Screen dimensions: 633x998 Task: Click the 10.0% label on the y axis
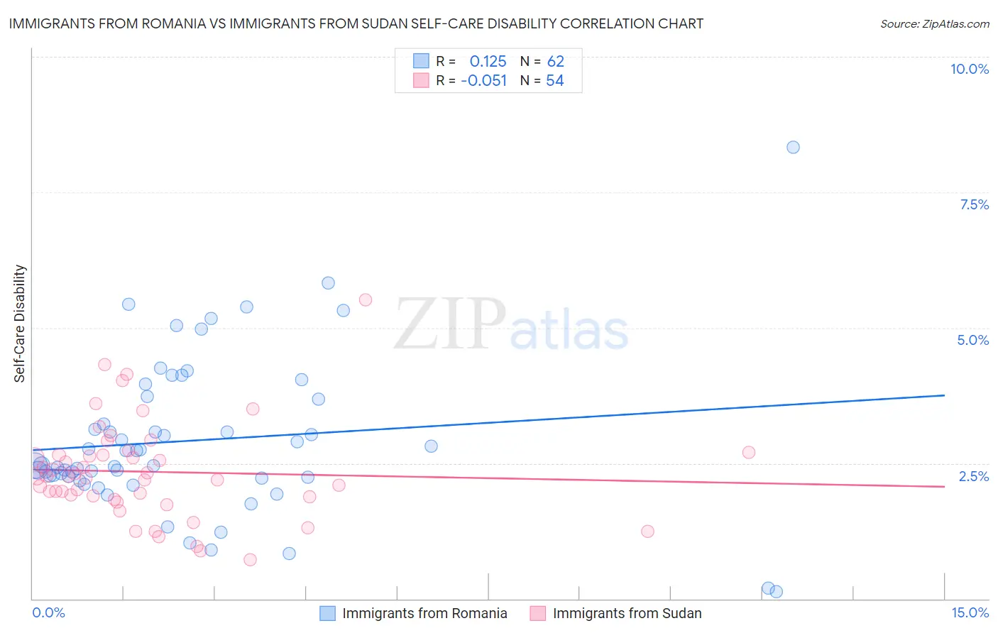[969, 69]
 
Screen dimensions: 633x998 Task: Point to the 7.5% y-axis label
[974, 204]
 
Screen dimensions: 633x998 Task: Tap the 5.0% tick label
[972, 340]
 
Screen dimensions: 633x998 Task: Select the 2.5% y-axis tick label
[973, 476]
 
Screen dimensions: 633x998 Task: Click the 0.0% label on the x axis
[48, 612]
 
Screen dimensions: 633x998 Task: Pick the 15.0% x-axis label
[970, 612]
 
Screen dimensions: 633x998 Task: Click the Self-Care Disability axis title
[20, 324]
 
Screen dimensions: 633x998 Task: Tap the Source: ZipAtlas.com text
[934, 23]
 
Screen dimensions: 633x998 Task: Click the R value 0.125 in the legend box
[488, 61]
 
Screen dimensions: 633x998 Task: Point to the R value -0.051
[483, 80]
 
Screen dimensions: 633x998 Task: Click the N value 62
[555, 61]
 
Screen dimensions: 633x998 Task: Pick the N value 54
[554, 80]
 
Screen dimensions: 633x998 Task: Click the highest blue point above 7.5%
[793, 148]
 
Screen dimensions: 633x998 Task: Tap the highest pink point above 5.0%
[366, 299]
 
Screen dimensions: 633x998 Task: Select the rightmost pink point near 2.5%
[748, 452]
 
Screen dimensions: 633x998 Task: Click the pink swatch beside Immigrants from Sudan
[538, 613]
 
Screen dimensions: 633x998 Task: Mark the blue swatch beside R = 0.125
[421, 61]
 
